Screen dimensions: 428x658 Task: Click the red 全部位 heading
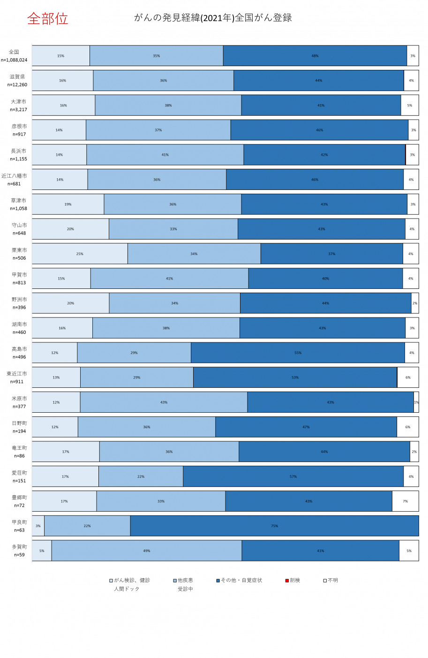tap(48, 19)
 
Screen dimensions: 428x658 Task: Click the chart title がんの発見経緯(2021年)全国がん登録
tap(213, 18)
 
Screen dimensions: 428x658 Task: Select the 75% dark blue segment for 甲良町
tap(274, 526)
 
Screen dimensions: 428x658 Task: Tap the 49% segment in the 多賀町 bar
tap(147, 551)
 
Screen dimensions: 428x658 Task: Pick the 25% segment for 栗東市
tap(80, 254)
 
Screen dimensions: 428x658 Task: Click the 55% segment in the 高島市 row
tap(298, 353)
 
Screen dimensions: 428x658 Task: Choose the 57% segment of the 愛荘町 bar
tap(293, 476)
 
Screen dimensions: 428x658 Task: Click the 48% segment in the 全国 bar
tap(315, 55)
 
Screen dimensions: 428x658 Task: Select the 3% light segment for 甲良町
tap(38, 526)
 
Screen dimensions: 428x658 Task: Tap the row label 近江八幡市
tap(14, 176)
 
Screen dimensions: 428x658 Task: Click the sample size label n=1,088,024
tap(14, 60)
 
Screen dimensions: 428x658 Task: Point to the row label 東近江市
tap(17, 374)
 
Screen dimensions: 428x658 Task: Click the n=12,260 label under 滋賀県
tap(17, 85)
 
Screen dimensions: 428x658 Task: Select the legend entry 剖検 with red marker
tap(293, 580)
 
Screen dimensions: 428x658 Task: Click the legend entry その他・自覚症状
tap(239, 580)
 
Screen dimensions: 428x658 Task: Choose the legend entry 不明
tap(330, 580)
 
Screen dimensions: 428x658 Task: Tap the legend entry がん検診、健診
tap(129, 580)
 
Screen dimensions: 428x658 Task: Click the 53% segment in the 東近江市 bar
tap(295, 378)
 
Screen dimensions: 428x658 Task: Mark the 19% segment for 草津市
tap(68, 204)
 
